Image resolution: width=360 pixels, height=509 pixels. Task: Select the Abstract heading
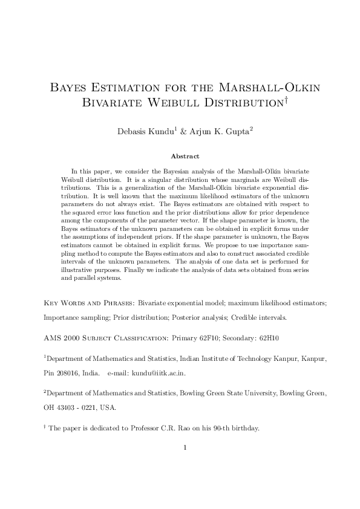point(180,156)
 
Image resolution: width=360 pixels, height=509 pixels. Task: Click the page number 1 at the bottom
point(185,448)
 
